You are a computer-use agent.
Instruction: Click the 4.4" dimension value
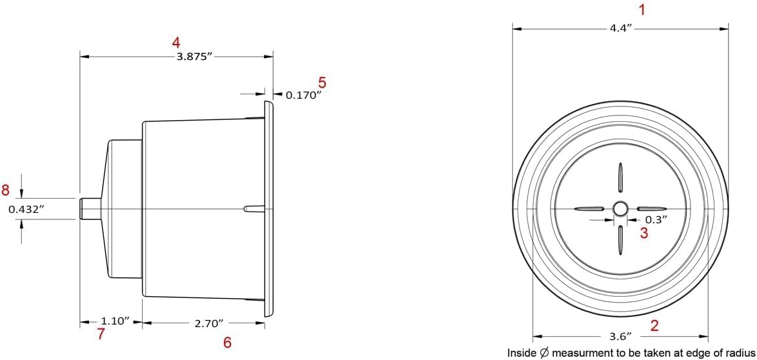coord(621,28)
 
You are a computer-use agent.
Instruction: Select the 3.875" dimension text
coord(195,57)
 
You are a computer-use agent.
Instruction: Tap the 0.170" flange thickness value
coord(304,95)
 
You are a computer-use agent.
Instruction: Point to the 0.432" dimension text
coord(26,209)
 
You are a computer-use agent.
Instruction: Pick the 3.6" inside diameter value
coord(621,335)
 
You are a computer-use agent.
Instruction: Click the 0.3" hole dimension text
coord(656,219)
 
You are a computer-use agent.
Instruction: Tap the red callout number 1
coord(642,10)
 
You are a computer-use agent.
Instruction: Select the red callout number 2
coord(654,325)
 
